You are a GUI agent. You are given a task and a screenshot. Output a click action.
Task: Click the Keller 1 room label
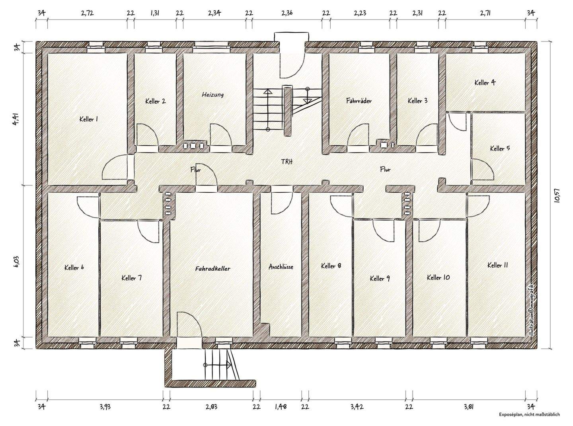[x=89, y=119]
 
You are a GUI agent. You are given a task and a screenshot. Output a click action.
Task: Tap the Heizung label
[x=212, y=95]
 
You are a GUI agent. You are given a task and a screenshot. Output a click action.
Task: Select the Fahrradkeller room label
[x=212, y=269]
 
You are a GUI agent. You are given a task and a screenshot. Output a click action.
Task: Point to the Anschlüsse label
[x=281, y=266]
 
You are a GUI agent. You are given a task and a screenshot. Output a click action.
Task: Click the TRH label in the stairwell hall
[x=287, y=162]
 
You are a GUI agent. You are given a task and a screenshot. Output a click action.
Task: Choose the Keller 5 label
[x=500, y=149]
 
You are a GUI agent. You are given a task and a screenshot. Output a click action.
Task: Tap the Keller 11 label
[x=497, y=265]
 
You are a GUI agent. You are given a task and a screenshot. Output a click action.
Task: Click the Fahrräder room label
[x=359, y=101]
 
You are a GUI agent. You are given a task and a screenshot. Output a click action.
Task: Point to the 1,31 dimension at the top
[x=155, y=13]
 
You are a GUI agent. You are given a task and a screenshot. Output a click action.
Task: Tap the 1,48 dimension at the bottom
[x=281, y=406]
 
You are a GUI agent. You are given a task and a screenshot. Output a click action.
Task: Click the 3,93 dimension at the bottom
[x=105, y=406]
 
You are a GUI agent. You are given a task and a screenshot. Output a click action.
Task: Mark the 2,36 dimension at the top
[x=287, y=13]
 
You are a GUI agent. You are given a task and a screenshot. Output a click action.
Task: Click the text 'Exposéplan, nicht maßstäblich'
[x=529, y=422]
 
